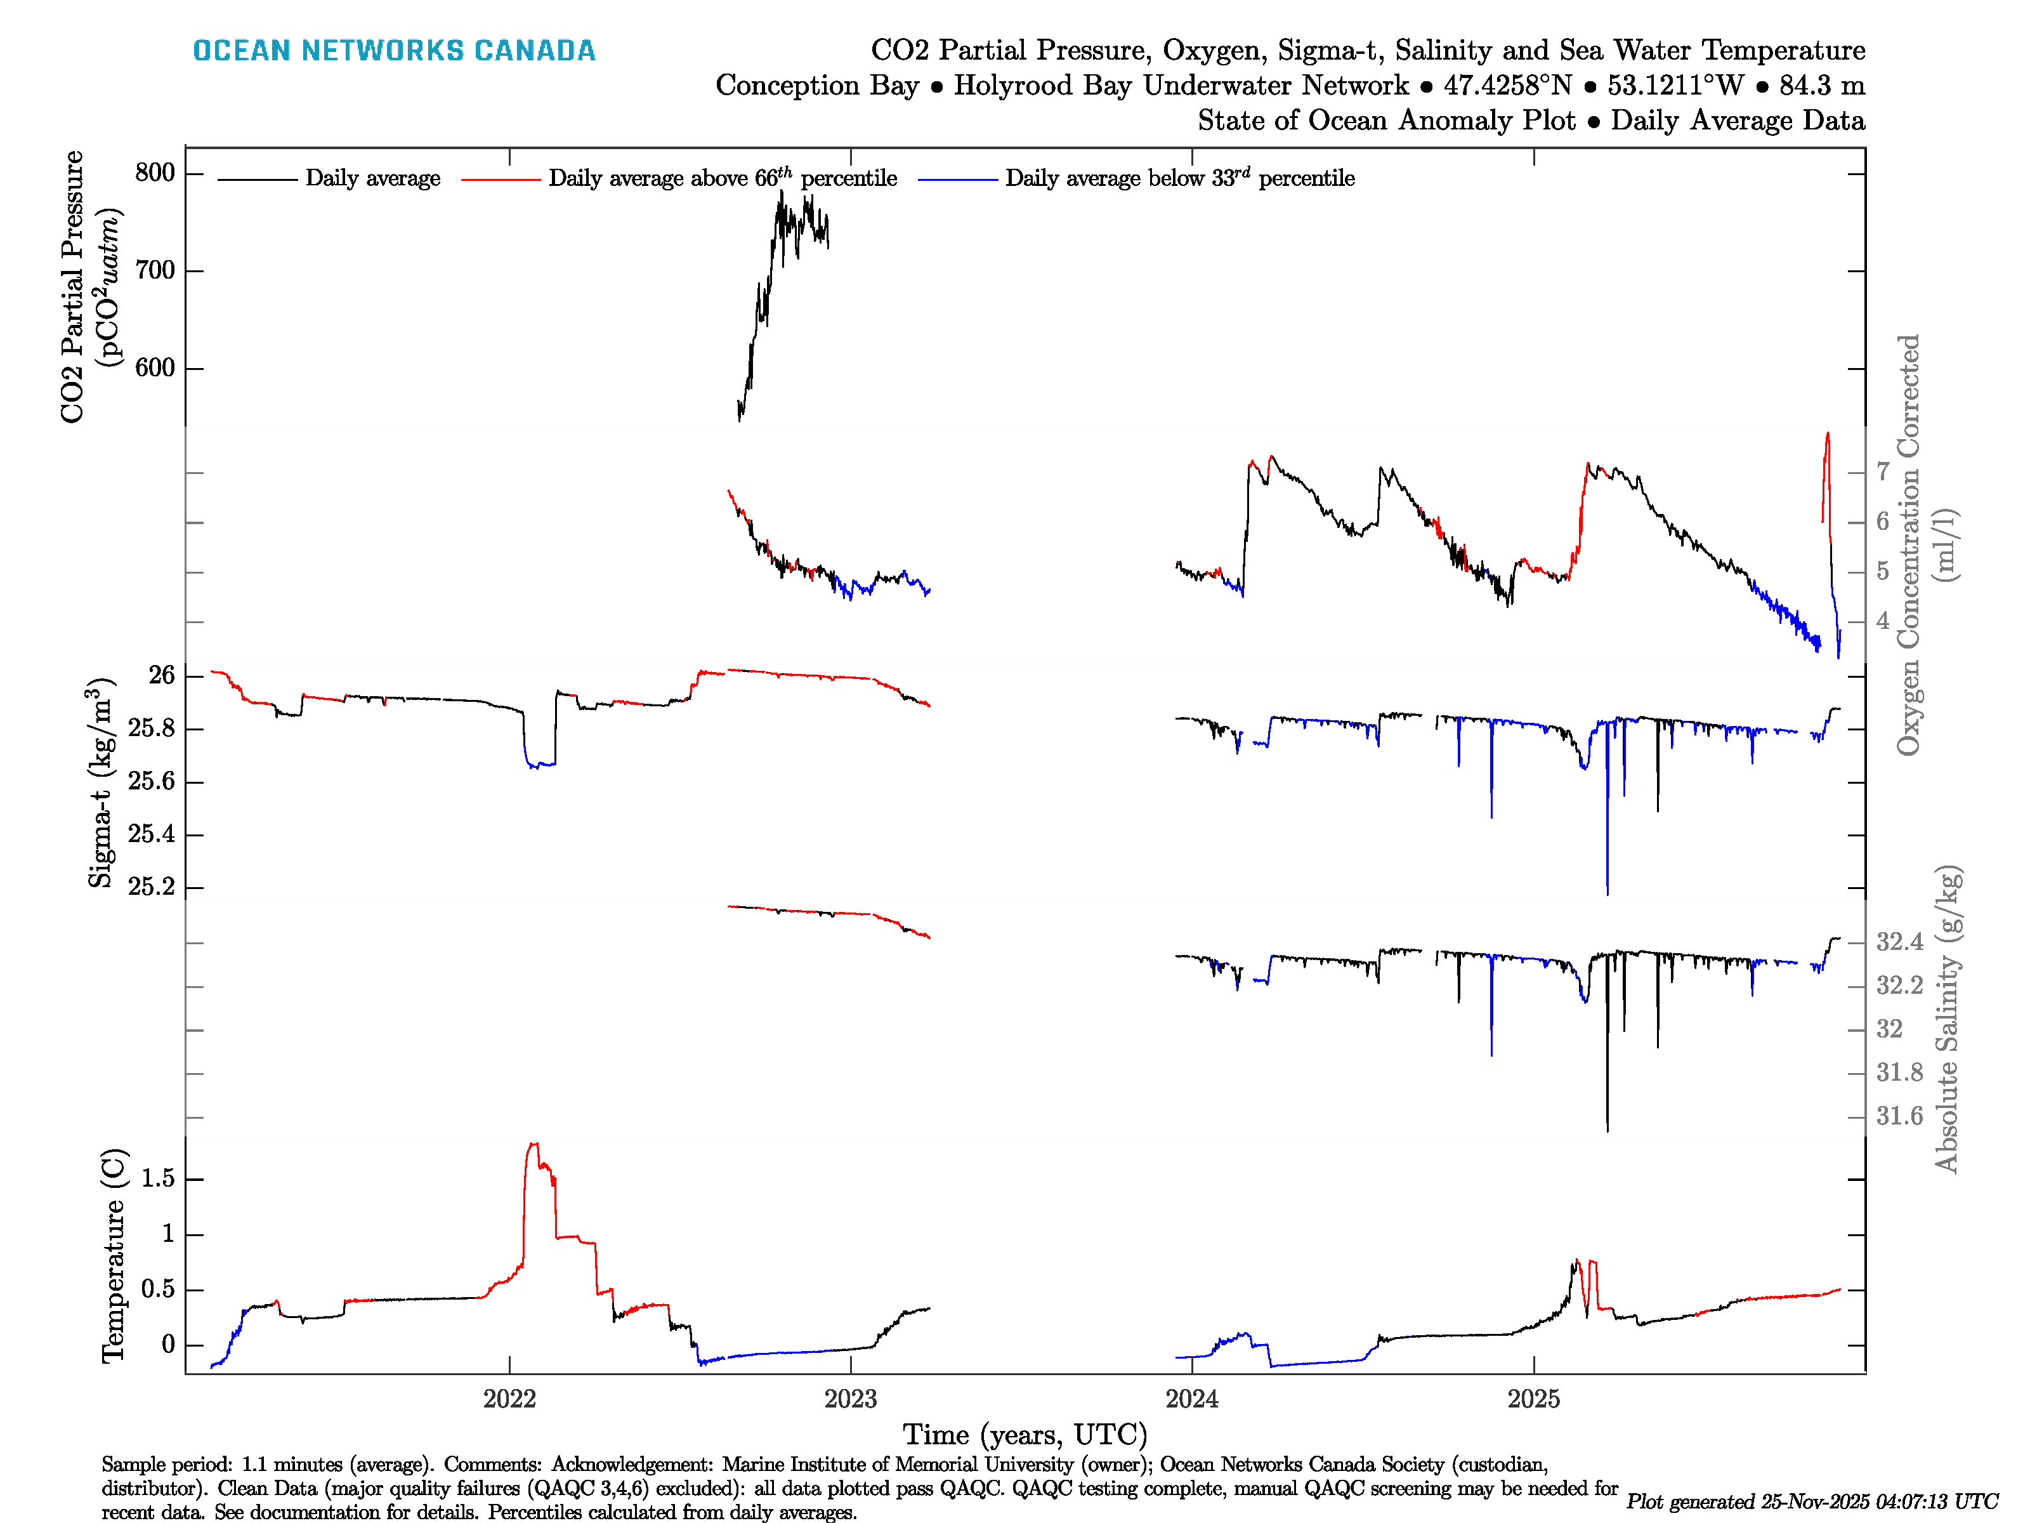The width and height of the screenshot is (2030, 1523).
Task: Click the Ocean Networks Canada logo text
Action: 394,51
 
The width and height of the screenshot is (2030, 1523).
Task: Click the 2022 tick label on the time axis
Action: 509,1399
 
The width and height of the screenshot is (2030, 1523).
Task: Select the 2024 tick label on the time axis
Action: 1192,1399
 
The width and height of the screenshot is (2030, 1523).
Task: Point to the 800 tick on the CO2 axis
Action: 154,173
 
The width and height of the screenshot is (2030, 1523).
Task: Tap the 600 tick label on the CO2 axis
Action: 154,367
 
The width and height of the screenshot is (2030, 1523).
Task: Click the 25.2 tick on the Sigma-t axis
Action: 152,887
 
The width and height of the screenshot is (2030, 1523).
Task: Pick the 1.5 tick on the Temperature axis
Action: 158,1179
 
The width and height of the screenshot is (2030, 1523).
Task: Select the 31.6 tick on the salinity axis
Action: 1899,1116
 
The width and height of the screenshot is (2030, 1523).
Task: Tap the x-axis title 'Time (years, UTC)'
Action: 1025,1435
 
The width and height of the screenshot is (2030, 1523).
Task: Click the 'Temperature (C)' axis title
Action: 113,1255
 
